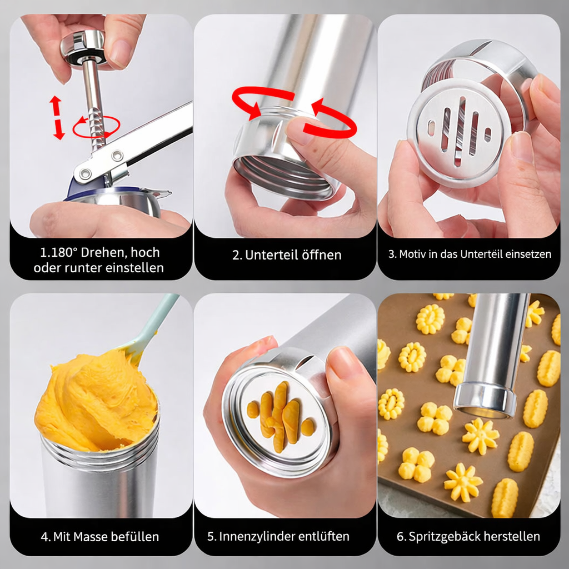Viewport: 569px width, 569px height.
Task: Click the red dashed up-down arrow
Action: (x=57, y=117)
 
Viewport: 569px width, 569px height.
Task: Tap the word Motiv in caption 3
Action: (x=413, y=254)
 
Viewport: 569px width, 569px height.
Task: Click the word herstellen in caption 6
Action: (x=515, y=537)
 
